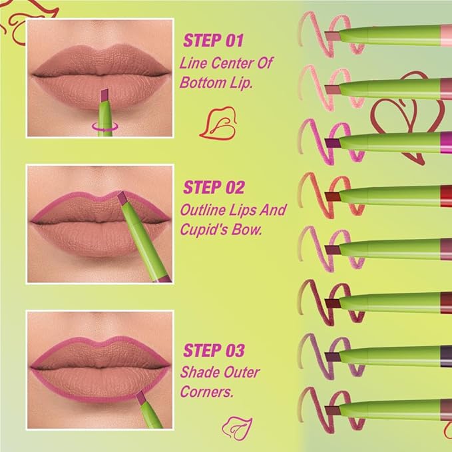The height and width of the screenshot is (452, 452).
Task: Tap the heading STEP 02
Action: click(214, 188)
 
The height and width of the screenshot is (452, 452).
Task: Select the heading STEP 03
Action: click(214, 349)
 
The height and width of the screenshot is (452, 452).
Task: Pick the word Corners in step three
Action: click(206, 393)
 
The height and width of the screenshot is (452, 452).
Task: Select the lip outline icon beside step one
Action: click(220, 122)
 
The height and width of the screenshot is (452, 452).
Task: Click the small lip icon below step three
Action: click(234, 424)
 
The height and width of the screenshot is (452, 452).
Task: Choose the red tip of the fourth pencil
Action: click(331, 194)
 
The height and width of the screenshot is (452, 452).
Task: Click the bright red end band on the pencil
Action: click(446, 194)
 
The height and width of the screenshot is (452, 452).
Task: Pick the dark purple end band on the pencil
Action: click(446, 353)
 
